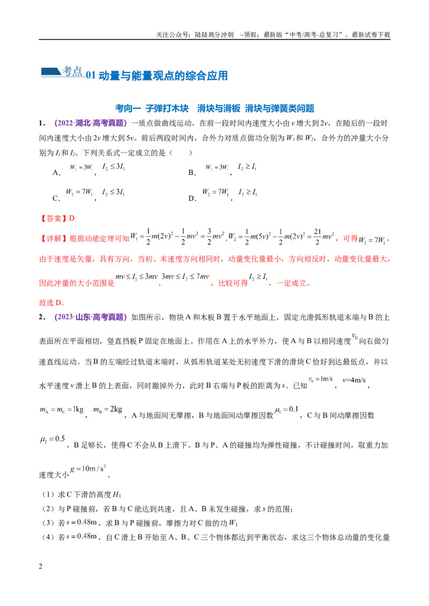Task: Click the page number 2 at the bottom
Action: point(40,566)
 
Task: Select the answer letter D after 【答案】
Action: point(72,218)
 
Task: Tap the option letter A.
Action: point(56,173)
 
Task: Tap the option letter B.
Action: point(192,173)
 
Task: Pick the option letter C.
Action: point(56,198)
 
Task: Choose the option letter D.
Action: point(193,198)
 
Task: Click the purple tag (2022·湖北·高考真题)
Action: point(91,123)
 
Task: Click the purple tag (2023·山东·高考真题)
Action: point(91,317)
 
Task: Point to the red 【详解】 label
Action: point(54,238)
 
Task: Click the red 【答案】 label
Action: point(54,218)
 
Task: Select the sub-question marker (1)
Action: point(48,495)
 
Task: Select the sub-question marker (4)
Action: point(48,537)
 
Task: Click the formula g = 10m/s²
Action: point(88,468)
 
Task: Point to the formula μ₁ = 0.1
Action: point(286,410)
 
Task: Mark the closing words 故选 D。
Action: point(52,302)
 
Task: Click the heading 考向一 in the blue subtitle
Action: point(128,108)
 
